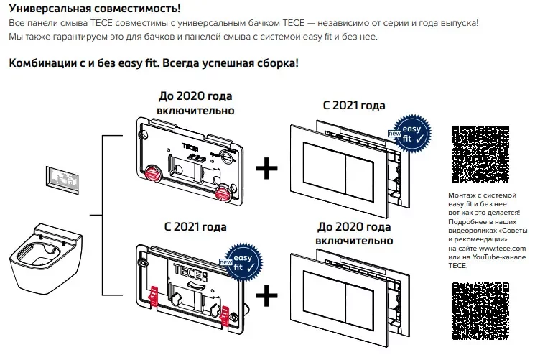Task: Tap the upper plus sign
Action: tap(268, 169)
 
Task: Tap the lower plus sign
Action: tap(268, 295)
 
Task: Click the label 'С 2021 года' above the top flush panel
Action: tap(354, 105)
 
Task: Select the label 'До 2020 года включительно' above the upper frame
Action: tap(195, 103)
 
